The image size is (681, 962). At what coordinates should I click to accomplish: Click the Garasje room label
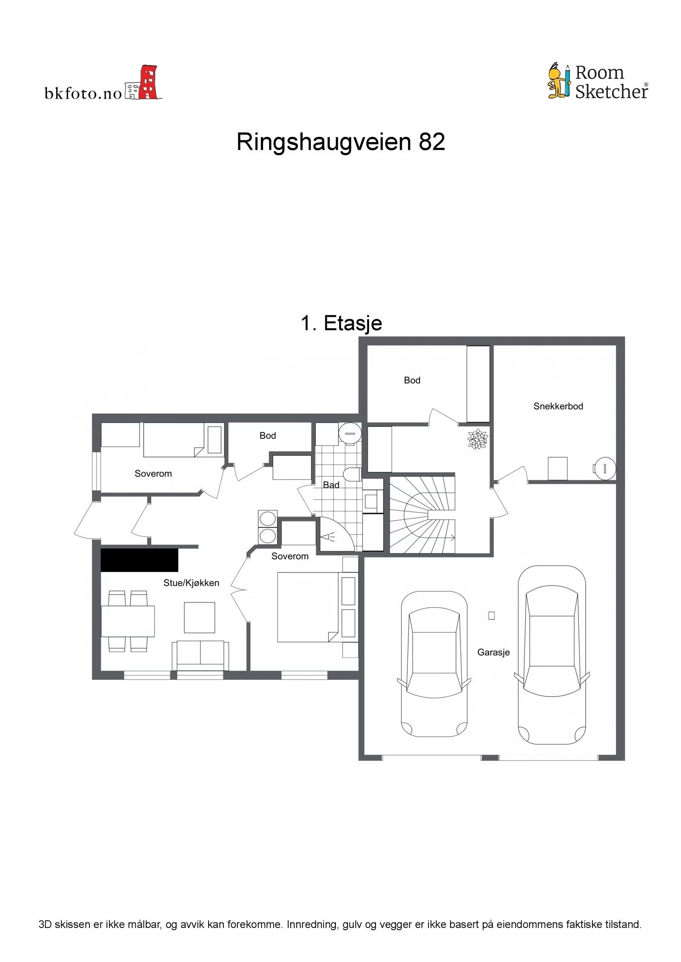click(493, 652)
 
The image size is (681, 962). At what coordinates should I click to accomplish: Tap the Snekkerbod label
click(558, 406)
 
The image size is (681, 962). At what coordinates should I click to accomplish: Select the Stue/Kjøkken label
click(191, 583)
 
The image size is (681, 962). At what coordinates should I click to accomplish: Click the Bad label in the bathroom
click(331, 485)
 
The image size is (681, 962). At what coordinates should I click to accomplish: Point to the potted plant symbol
click(477, 439)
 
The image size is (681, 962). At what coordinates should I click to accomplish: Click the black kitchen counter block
click(139, 560)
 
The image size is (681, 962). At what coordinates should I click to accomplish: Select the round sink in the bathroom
click(350, 433)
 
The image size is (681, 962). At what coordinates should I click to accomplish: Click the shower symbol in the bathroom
click(328, 538)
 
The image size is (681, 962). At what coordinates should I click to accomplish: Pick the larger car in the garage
click(551, 655)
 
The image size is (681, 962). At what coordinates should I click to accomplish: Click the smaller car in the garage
click(434, 663)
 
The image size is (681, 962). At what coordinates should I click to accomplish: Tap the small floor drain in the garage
click(491, 615)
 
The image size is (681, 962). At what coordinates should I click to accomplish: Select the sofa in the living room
click(200, 655)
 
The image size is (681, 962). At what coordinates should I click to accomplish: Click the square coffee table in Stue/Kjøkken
click(199, 617)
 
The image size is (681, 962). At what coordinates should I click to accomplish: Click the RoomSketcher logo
click(598, 82)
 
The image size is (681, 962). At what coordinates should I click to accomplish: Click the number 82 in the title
click(432, 142)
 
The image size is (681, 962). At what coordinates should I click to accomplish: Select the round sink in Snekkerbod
click(604, 468)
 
